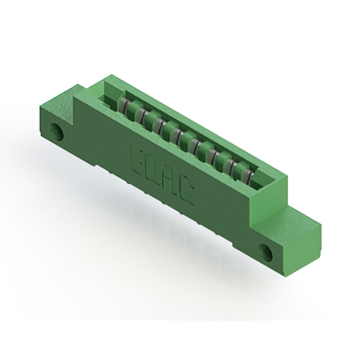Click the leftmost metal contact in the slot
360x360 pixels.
click(x=123, y=105)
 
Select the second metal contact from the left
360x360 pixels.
click(x=136, y=112)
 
